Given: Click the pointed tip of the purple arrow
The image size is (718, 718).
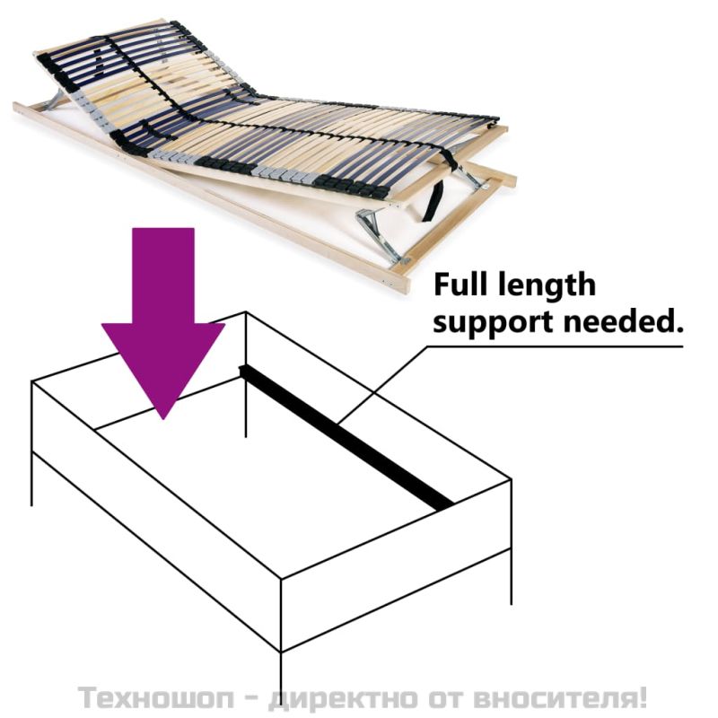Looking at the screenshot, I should [162, 415].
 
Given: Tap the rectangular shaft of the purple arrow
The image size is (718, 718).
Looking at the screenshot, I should [162, 274].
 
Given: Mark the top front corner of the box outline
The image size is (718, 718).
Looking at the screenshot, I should [282, 580].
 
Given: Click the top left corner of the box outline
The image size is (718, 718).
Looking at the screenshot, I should [32, 382].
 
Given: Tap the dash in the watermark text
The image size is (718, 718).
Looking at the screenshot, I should [255, 697].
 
